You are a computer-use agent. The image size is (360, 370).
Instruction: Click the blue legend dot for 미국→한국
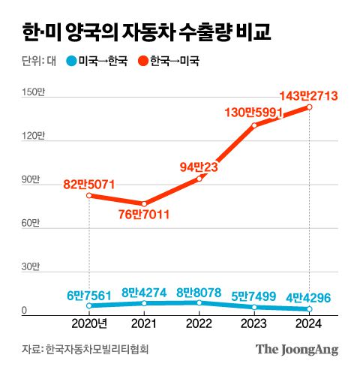pyautogui.click(x=71, y=62)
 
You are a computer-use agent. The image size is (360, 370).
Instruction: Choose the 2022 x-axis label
pyautogui.click(x=199, y=324)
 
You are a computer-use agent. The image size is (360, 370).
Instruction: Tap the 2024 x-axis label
pyautogui.click(x=309, y=324)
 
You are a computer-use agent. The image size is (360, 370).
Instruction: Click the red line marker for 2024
pyautogui.click(x=309, y=107)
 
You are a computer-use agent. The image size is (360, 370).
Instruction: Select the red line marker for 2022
pyautogui.click(x=199, y=179)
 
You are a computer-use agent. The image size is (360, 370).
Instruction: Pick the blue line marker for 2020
pyautogui.click(x=90, y=305)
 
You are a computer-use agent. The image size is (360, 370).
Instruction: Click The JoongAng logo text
pyautogui.click(x=297, y=349)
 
